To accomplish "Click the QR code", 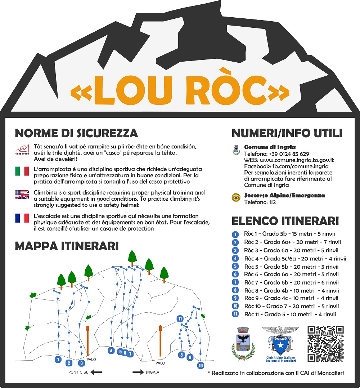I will pos(325,344).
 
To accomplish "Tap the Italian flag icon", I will pos(22,171).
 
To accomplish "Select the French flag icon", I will pos(22,218).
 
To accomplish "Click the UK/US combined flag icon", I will pos(22,195).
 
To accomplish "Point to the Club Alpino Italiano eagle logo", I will pos(280,340).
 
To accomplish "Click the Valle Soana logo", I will pos(22,149).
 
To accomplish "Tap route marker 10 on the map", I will pos(201,365).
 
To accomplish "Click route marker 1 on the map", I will pos(58,359).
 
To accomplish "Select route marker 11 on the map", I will pos(180,318).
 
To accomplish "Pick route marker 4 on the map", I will pos(111,351).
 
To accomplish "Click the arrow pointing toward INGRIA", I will pos(138,373).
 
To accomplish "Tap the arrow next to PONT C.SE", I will pos(96,373).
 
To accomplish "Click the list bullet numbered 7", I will pos(235,282).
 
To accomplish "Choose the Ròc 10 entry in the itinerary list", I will pos(291,306).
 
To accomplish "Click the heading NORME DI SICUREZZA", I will pos(76,133).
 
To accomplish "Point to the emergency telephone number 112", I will pos(272,202).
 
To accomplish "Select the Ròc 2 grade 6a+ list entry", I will pos(292,242).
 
